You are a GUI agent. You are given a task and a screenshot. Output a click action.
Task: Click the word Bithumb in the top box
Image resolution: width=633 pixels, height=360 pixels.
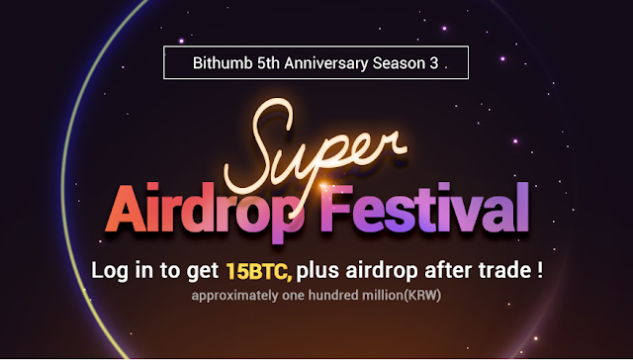(223, 63)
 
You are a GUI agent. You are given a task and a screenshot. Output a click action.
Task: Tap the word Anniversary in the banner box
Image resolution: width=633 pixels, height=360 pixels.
(326, 63)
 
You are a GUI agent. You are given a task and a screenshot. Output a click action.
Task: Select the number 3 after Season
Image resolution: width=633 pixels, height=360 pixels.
(434, 63)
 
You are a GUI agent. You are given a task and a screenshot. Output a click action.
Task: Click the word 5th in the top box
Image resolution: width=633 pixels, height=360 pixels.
(268, 63)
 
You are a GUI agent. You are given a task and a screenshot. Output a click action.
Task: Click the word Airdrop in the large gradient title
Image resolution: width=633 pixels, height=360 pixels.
(205, 210)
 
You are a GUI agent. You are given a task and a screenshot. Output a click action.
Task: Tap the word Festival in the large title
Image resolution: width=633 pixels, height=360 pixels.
(424, 209)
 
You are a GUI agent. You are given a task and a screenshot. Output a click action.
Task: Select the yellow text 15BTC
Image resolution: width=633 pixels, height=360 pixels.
(257, 271)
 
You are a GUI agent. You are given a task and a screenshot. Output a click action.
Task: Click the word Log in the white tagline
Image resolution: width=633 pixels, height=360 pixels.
(108, 271)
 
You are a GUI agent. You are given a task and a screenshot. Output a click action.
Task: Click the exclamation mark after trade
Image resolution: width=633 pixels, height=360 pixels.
(540, 270)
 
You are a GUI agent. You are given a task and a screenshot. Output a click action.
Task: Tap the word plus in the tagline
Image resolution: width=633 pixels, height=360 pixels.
(317, 271)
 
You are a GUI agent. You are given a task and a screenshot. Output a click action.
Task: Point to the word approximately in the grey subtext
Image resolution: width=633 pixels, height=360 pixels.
(235, 296)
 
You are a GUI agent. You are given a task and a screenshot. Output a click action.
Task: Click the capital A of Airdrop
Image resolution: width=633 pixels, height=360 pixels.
(127, 208)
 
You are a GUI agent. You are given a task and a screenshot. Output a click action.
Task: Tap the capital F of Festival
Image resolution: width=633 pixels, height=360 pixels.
(336, 209)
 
